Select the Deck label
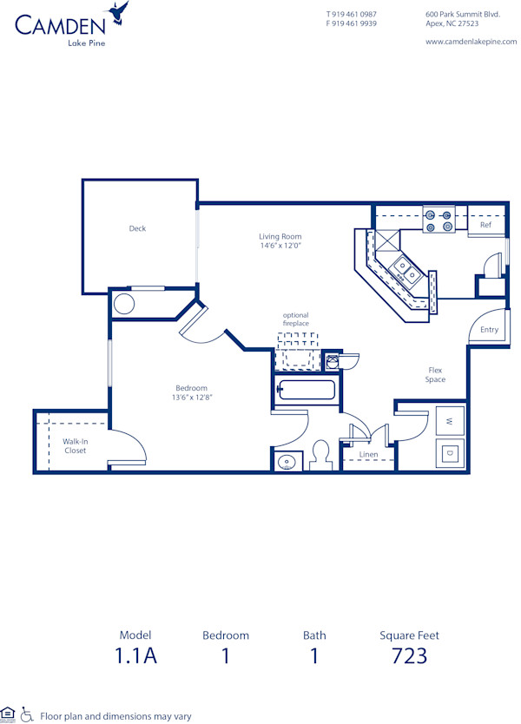tap(137, 229)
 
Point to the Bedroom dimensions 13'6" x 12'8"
tap(192, 397)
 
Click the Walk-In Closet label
tap(75, 446)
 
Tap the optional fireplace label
tap(295, 319)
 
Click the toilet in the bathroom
tap(320, 454)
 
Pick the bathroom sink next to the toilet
tap(286, 461)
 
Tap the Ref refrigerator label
tap(485, 226)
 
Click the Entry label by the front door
tap(489, 330)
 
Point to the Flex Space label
tap(435, 374)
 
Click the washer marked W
tap(449, 421)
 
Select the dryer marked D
tap(449, 452)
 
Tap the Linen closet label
tap(367, 454)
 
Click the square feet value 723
tap(409, 655)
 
